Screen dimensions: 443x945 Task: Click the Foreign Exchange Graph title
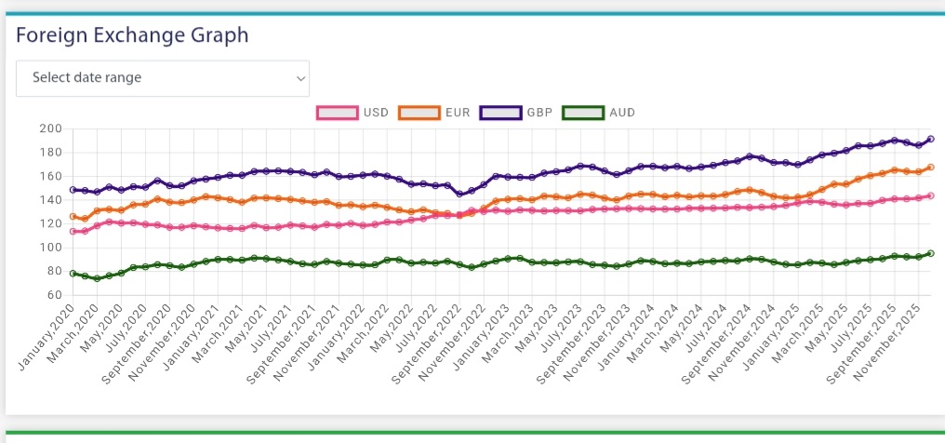(132, 35)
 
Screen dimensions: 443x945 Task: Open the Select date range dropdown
(163, 78)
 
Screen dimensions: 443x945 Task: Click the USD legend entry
(353, 113)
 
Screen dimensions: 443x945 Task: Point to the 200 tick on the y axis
(50, 128)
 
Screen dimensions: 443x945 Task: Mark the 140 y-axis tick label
(50, 200)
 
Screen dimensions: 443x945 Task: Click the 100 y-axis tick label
(50, 248)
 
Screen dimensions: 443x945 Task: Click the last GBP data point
(930, 139)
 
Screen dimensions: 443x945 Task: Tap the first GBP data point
(73, 190)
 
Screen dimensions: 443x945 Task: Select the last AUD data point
(930, 253)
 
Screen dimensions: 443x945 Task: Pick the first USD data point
(73, 231)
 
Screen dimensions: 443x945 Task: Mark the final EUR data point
(930, 168)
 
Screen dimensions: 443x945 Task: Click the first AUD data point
(73, 274)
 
